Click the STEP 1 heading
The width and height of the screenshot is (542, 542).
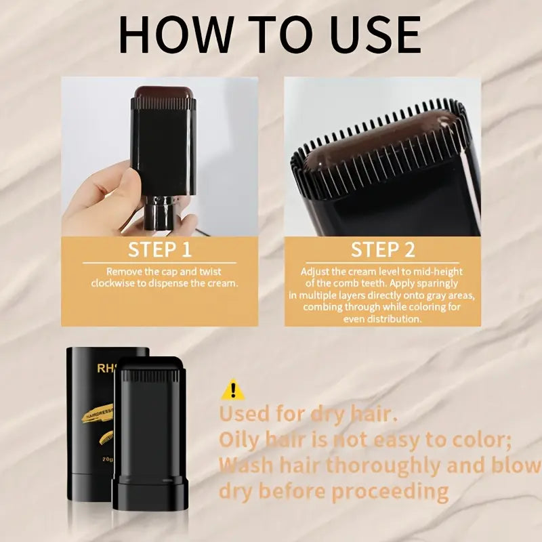tap(160, 249)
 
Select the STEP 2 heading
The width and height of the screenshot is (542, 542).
tap(383, 249)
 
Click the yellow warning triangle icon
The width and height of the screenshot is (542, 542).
tap(233, 390)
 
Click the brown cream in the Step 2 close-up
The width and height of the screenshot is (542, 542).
tap(379, 139)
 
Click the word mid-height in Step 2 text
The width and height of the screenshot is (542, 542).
tap(441, 271)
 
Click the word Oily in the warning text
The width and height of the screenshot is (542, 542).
tap(241, 440)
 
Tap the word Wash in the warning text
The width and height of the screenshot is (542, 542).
tap(247, 465)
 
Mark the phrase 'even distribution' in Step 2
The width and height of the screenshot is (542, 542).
tap(383, 318)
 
